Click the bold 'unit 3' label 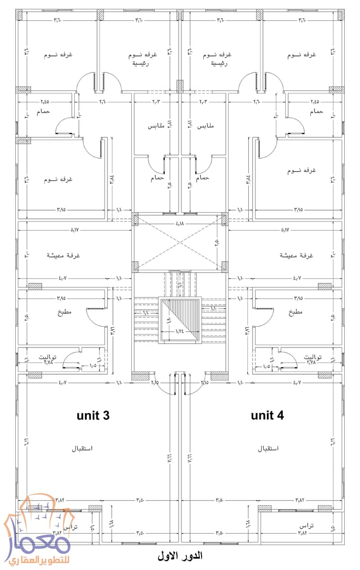pyautogui.click(x=93, y=415)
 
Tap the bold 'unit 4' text pyautogui.click(x=267, y=415)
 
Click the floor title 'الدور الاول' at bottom pyautogui.click(x=180, y=556)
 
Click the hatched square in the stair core pyautogui.click(x=180, y=321)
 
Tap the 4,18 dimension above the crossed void pyautogui.click(x=180, y=224)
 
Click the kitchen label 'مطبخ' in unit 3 pyautogui.click(x=64, y=312)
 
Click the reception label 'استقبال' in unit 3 pyautogui.click(x=82, y=449)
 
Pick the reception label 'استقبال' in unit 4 pyautogui.click(x=268, y=449)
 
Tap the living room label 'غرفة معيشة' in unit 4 pyautogui.click(x=296, y=255)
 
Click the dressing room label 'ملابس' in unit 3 pyautogui.click(x=155, y=127)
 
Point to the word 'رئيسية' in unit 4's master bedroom pyautogui.click(x=219, y=64)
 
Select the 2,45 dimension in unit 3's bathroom pyautogui.click(x=45, y=102)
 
